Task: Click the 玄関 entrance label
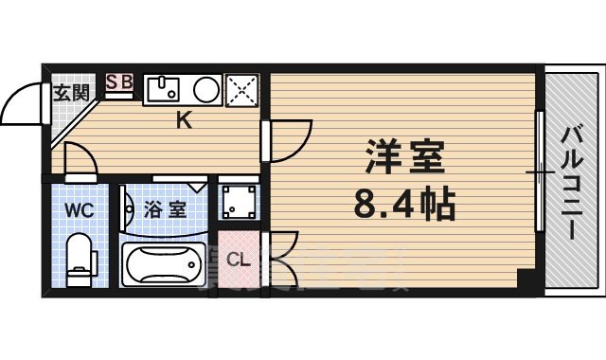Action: (x=70, y=93)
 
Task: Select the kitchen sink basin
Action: (x=163, y=90)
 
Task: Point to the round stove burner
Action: (x=206, y=90)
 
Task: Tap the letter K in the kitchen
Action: (x=185, y=120)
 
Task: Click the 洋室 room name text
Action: (x=405, y=158)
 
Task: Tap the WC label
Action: (x=79, y=209)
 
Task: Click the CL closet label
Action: (x=239, y=259)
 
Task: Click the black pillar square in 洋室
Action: (x=524, y=279)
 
